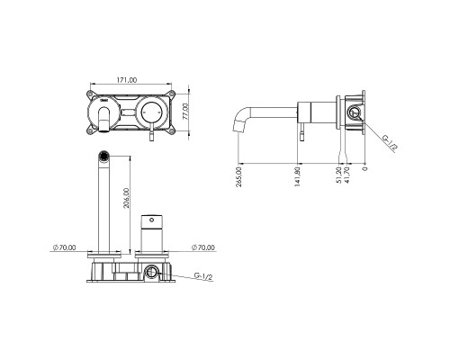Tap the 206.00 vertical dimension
pyautogui.click(x=128, y=199)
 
